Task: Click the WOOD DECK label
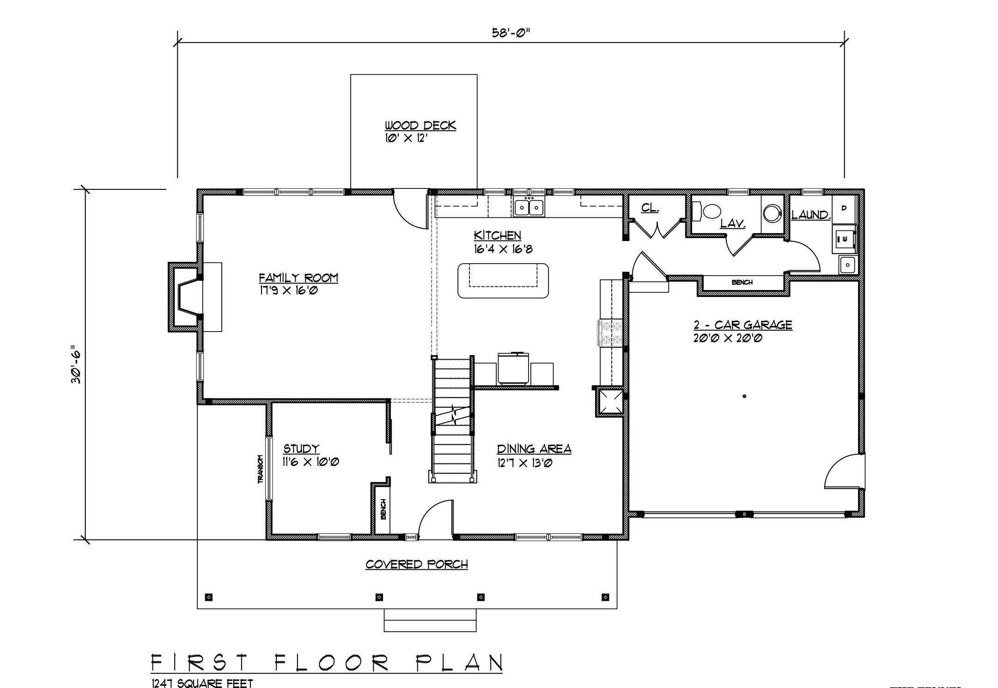(420, 126)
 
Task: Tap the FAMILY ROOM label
(298, 278)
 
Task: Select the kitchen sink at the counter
(529, 207)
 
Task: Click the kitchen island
(503, 280)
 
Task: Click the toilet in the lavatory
(708, 211)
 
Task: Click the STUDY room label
(301, 448)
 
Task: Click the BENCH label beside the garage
(742, 282)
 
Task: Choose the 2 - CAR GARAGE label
(742, 325)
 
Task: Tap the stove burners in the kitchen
(610, 332)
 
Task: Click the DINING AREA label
(534, 449)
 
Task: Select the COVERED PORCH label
(417, 564)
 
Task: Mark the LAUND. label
(811, 215)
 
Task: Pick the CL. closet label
(650, 208)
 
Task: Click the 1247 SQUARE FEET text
(202, 683)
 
